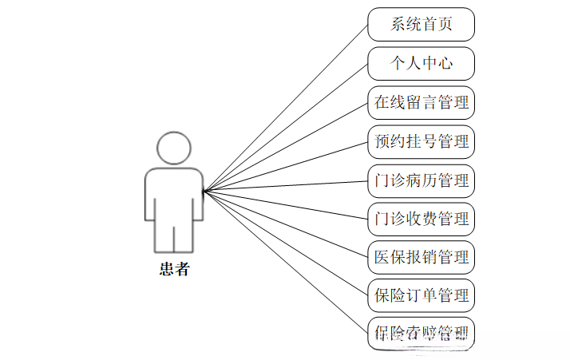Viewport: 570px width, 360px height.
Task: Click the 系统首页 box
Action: [x=421, y=24]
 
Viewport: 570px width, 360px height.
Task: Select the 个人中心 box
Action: [x=421, y=63]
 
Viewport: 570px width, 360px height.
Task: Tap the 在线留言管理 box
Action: [x=421, y=102]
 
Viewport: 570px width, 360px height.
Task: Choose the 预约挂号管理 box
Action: [x=421, y=141]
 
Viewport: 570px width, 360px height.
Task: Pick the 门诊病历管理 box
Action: [x=421, y=180]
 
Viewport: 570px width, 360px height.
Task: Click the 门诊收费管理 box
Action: [x=421, y=218]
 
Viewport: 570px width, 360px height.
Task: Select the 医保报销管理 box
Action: [x=421, y=257]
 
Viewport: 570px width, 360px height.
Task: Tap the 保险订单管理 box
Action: [x=421, y=295]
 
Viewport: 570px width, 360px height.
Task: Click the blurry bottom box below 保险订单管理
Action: [x=421, y=332]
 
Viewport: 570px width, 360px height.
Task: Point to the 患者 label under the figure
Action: [x=174, y=269]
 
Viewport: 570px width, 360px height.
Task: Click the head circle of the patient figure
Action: [x=174, y=148]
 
